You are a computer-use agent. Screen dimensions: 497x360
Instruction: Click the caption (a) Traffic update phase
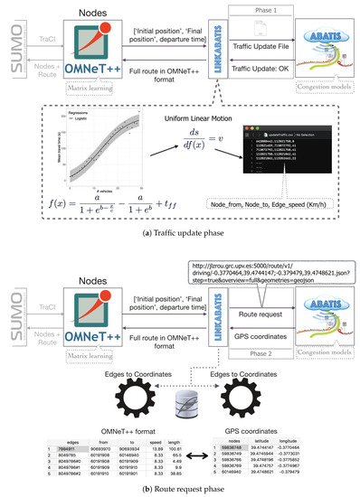point(180,238)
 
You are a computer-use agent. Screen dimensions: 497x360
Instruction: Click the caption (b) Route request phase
point(180,489)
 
